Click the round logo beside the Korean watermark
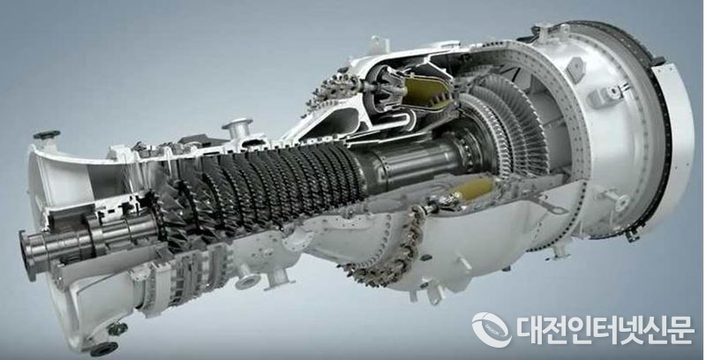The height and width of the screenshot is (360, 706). coord(492,330)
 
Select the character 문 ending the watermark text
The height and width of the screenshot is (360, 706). coord(680,330)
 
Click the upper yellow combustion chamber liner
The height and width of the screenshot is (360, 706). coord(426,92)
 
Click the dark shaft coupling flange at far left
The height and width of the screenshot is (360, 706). coord(28,255)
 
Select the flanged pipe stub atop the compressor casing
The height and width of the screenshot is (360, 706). coord(237,128)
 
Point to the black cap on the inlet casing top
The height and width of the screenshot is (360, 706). coord(47,134)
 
